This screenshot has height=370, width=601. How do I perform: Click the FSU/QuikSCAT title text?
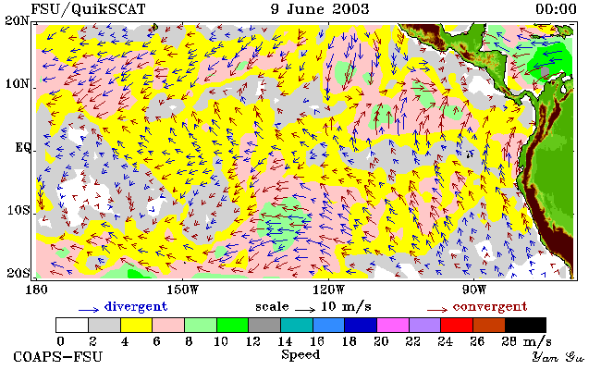[x=88, y=9]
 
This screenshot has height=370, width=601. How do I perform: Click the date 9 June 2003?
[x=320, y=9]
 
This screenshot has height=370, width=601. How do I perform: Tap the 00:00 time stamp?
[x=556, y=9]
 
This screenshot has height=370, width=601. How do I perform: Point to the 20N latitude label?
[x=17, y=20]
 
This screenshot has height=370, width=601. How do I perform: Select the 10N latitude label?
[x=17, y=83]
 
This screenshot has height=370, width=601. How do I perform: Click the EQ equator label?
[x=22, y=147]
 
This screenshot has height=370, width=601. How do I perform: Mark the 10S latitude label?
[x=18, y=210]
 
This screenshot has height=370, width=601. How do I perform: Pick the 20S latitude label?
[x=18, y=273]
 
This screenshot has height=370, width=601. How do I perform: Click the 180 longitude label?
[x=36, y=290]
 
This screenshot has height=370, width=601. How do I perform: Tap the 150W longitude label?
[x=183, y=290]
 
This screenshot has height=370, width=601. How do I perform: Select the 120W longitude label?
[x=328, y=290]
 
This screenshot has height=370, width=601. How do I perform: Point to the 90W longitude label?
[x=473, y=290]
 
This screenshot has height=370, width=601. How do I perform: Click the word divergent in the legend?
[x=136, y=307]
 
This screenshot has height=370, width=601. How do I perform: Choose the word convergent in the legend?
[x=490, y=307]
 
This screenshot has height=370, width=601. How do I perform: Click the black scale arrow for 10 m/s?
[x=305, y=309]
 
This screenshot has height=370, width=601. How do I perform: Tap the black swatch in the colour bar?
[x=525, y=326]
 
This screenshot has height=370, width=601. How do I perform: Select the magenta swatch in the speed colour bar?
[x=392, y=326]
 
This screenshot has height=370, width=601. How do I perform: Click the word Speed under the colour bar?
[x=300, y=354]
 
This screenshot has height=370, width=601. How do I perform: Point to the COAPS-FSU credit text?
[x=58, y=356]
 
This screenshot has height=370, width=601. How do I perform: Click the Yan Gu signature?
[x=558, y=357]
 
